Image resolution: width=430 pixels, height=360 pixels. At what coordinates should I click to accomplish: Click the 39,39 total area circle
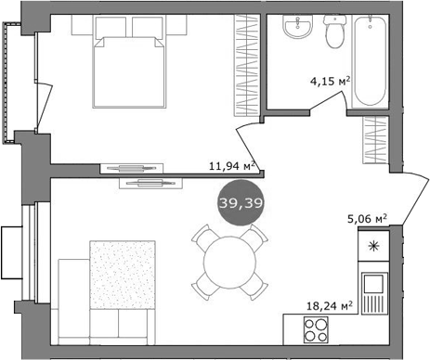point(240,203)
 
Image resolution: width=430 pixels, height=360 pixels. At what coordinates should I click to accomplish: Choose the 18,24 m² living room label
point(327,302)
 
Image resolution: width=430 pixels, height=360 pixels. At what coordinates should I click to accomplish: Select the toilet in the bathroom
point(332,32)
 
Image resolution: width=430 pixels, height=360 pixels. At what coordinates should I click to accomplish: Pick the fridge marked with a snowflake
point(372,247)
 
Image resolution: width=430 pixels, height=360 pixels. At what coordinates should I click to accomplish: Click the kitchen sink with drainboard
point(372,295)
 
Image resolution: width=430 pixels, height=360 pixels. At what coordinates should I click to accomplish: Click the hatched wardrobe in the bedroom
point(245,65)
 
